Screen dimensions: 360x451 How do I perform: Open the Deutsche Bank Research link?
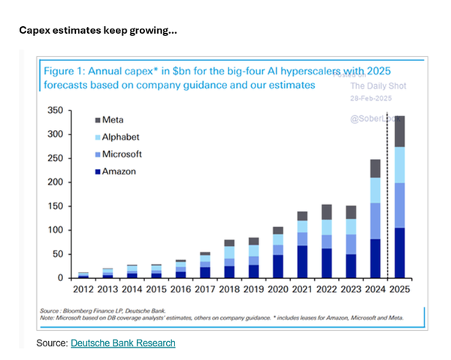123,343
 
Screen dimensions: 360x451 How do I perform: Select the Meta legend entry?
114,120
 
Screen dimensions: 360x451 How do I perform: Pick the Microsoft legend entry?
122,154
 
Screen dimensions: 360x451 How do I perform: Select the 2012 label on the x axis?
83,289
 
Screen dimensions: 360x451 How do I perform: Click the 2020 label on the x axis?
277,289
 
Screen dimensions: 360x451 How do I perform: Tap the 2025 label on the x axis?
399,289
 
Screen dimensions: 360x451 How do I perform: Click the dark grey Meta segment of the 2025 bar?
399,131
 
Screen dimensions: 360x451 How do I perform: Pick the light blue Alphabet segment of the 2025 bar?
399,165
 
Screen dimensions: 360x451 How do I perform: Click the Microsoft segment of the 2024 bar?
374,221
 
